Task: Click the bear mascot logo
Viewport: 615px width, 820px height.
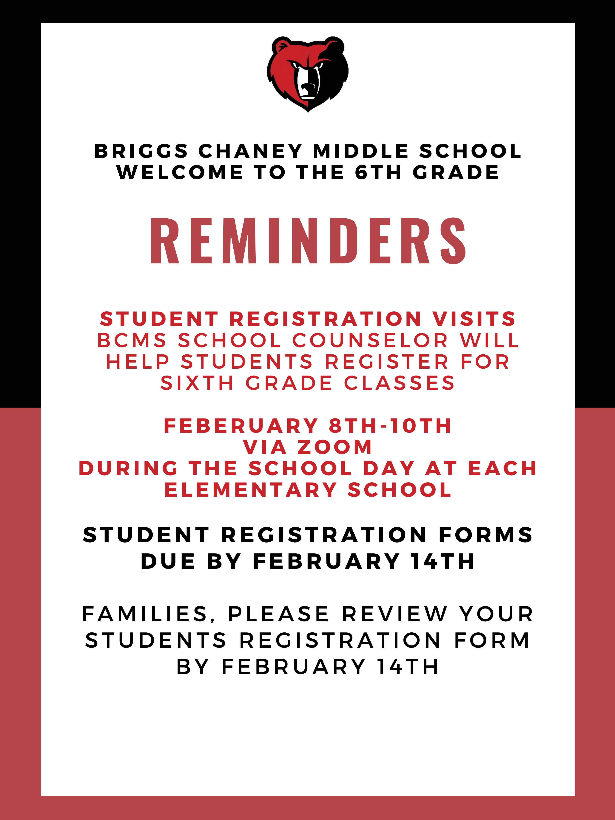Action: pos(308,74)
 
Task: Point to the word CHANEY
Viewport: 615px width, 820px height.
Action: pos(251,151)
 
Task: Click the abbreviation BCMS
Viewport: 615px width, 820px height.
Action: pos(132,340)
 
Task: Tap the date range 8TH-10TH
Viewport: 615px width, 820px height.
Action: pos(390,426)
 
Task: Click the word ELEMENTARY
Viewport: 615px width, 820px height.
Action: pos(251,490)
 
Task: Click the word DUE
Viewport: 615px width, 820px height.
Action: pos(168,561)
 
